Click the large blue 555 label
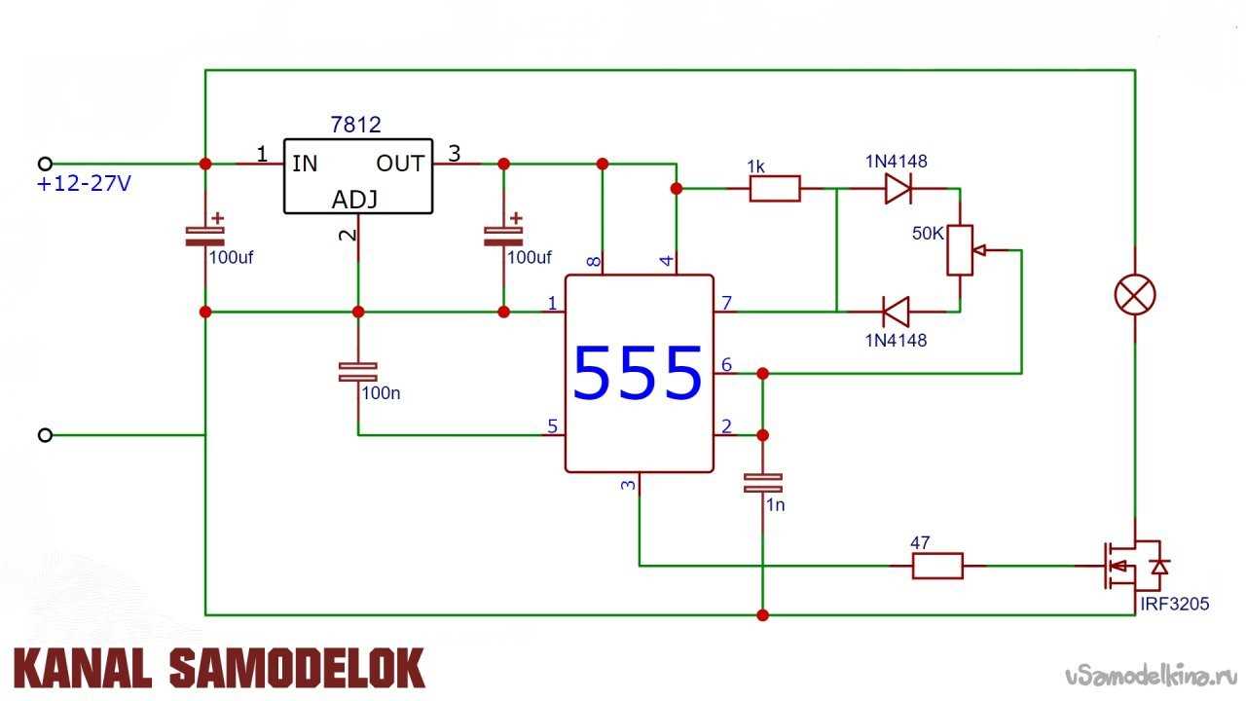tap(638, 374)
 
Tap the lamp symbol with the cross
tap(1134, 294)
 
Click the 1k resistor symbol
tap(775, 189)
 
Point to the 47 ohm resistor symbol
tap(936, 566)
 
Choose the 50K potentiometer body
tap(960, 250)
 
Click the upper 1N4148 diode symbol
tap(898, 189)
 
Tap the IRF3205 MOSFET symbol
tap(1129, 567)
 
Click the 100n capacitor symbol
tap(357, 371)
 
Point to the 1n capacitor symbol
tap(762, 482)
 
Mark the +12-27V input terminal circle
tap(44, 164)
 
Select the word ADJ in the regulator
tap(355, 200)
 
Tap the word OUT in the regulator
tap(400, 164)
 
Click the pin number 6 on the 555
tap(725, 364)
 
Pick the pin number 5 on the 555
tap(552, 426)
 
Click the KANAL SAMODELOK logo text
tap(219, 670)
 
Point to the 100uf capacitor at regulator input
tap(204, 235)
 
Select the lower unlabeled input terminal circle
tap(44, 435)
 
